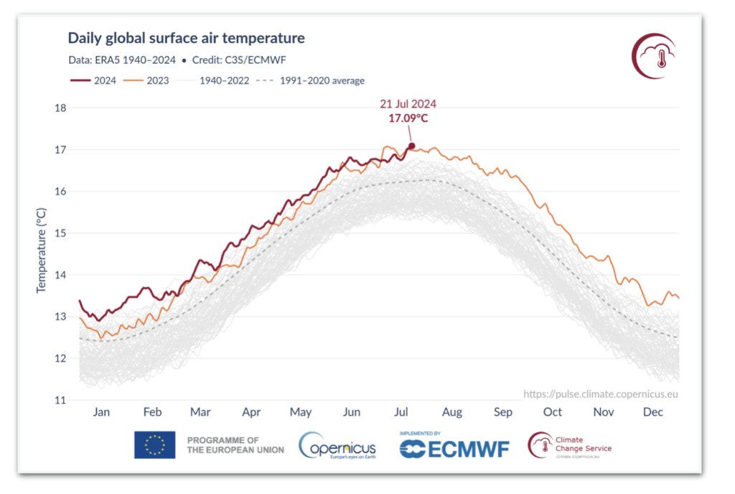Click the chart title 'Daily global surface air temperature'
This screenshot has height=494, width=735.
click(x=186, y=38)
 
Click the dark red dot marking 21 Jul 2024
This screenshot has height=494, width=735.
click(x=411, y=146)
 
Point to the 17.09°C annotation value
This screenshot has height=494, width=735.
click(x=408, y=118)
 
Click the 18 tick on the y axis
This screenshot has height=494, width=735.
click(x=60, y=108)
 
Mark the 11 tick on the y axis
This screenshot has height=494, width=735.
click(x=60, y=400)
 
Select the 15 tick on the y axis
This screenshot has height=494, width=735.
click(x=60, y=233)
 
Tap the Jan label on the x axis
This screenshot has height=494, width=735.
click(x=101, y=412)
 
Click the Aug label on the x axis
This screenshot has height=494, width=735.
click(x=452, y=412)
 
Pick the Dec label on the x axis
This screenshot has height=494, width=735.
click(x=653, y=412)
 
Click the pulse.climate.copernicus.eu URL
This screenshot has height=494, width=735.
click(x=600, y=393)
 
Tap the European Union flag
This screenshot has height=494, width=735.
click(x=154, y=444)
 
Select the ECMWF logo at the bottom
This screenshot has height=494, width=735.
click(x=454, y=446)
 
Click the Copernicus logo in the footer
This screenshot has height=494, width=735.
click(x=337, y=445)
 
